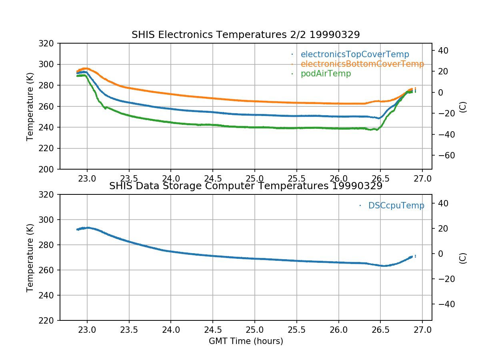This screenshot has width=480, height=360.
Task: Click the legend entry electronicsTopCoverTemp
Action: [355, 54]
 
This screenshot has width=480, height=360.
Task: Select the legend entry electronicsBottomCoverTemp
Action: [362, 64]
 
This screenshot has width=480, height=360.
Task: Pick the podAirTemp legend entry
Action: [326, 74]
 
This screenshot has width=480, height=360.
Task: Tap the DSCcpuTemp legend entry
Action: [396, 206]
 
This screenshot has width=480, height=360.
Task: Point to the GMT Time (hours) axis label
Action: [246, 341]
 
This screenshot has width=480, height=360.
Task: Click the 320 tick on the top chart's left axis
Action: [49, 43]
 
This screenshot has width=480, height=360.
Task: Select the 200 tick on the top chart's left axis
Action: [49, 169]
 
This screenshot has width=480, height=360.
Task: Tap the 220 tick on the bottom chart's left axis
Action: [49, 320]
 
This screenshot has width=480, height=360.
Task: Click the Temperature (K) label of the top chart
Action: [30, 106]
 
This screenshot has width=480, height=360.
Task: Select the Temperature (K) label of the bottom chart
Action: [30, 258]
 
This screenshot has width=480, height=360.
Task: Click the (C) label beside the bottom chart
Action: [463, 258]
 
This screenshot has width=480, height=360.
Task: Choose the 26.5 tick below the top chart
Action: [380, 178]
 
